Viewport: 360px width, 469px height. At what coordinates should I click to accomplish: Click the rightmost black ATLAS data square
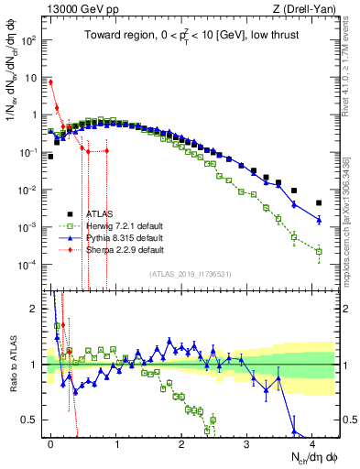319,203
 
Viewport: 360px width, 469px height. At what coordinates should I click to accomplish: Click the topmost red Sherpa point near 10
50,82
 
